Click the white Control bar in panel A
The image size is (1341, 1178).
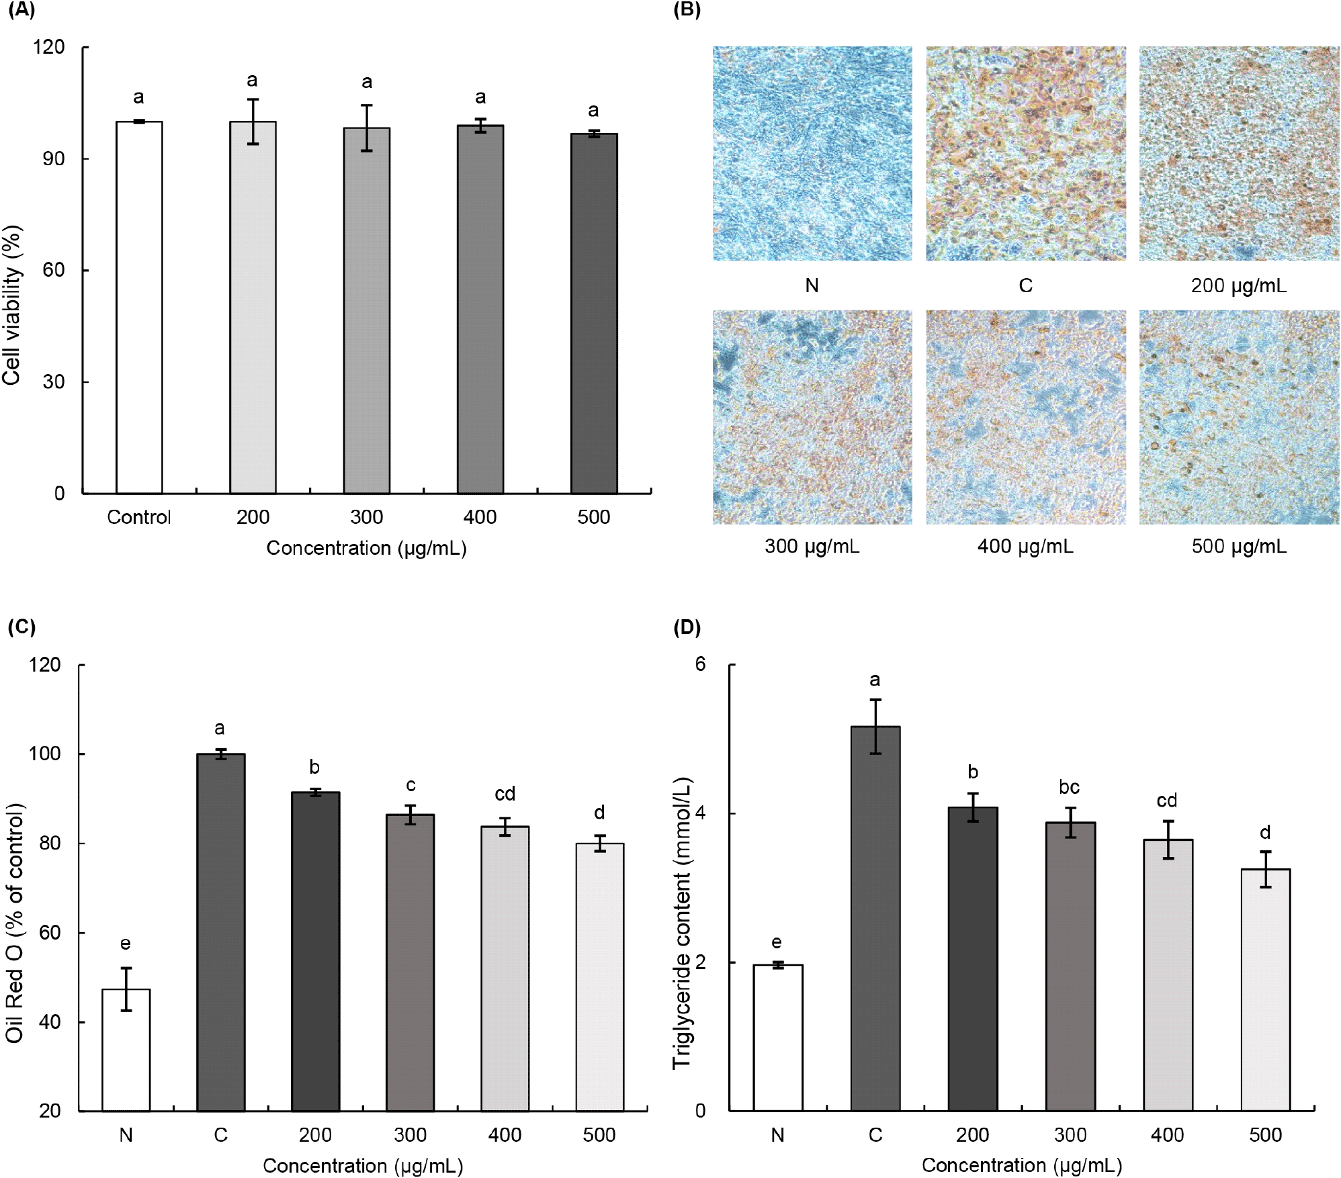coord(139,308)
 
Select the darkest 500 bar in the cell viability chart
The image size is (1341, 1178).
coord(594,314)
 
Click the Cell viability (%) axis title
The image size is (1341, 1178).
coord(12,305)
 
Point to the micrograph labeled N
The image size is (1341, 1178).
coord(812,153)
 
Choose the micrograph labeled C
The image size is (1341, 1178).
coord(1025,153)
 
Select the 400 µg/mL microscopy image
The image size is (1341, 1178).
coord(1025,417)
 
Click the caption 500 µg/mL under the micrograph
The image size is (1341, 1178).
coord(1239,546)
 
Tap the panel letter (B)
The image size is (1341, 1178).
coord(687,10)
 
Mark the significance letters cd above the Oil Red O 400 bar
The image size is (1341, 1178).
coord(505,794)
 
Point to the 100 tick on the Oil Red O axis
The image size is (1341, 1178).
coord(44,754)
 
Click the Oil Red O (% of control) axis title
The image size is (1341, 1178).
coord(15,923)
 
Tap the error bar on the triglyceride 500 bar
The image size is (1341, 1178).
coord(1266,869)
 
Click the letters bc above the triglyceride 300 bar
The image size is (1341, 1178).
coord(1069,786)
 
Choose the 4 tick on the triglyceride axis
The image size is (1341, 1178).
coord(700,813)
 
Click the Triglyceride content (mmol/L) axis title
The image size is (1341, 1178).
coord(681,923)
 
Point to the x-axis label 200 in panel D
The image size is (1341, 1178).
coord(972,1135)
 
